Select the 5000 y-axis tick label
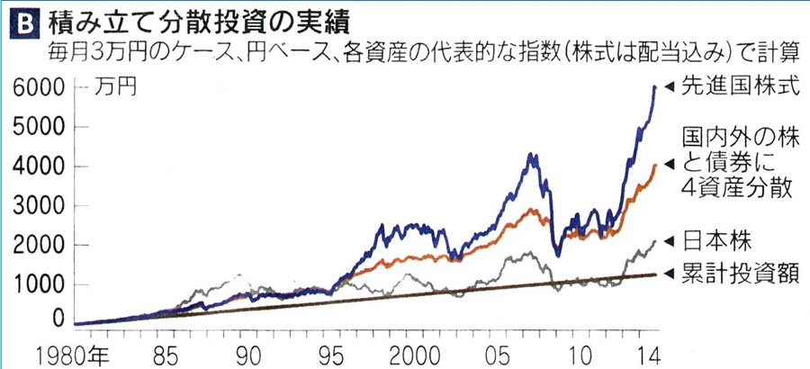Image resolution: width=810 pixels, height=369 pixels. [37, 127]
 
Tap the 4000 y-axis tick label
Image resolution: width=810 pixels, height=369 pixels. [37, 166]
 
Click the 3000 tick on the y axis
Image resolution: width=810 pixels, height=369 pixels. [37, 206]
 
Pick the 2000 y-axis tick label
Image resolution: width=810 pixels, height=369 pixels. [37, 246]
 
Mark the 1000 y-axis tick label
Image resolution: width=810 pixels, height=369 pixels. [37, 284]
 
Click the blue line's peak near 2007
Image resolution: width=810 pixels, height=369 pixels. [532, 155]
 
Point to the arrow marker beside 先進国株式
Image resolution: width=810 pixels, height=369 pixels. [669, 86]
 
